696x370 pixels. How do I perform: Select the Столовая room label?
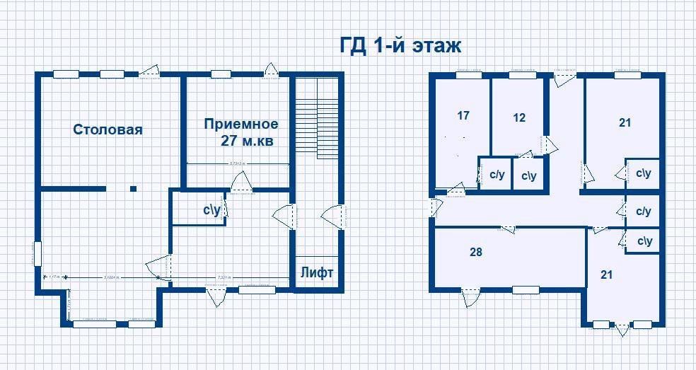point(108,129)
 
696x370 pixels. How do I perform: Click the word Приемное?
point(236,125)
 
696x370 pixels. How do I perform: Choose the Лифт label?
point(316,272)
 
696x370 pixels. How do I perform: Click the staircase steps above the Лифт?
point(317,120)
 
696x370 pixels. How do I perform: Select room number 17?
point(463,115)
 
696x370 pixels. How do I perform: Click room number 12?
point(519,117)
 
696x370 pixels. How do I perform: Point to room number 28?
point(476,252)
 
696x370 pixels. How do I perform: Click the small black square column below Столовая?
point(133,188)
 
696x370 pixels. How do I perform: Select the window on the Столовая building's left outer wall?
point(37,253)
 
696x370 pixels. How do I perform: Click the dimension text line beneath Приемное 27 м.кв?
point(237,163)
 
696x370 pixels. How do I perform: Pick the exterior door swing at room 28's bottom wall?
point(468,299)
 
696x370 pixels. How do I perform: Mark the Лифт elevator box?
point(316,272)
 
